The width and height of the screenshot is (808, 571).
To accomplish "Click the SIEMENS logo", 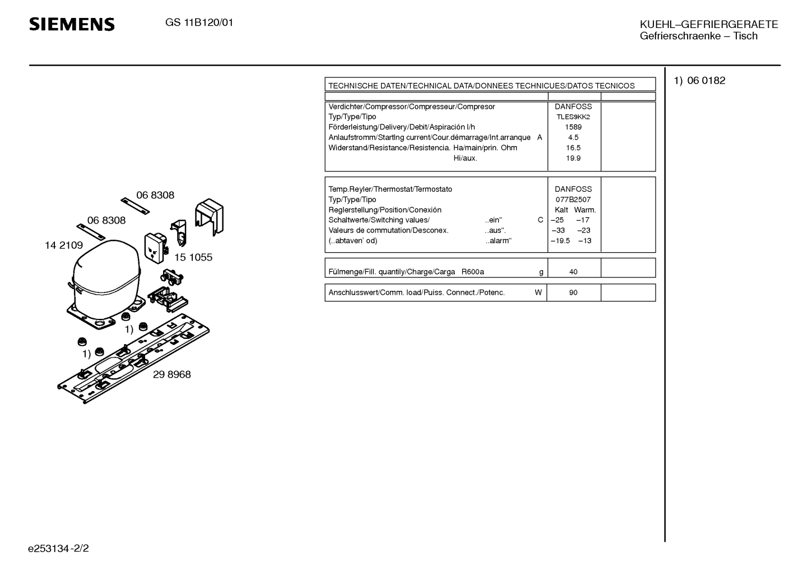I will [x=72, y=24].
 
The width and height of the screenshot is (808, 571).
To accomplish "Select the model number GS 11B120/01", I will [x=199, y=23].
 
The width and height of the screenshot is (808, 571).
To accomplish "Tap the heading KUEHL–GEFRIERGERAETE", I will [x=709, y=24].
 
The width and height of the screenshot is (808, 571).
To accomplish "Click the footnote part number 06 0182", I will [x=706, y=81].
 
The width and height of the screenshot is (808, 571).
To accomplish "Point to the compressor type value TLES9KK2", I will [x=573, y=117].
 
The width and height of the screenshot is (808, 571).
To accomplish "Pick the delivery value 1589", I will [x=573, y=127].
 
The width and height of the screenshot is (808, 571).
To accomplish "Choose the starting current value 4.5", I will [x=573, y=137].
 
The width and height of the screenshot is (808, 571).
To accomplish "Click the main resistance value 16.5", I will [x=573, y=148].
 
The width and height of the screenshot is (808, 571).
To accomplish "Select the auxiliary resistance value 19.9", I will [x=573, y=158].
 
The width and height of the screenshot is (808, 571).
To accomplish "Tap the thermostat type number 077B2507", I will [x=573, y=199].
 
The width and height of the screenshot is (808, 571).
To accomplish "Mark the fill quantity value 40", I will [x=573, y=272].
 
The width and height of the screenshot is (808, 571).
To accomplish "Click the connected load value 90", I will [x=573, y=293].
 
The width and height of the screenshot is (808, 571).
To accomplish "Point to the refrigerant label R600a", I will [x=472, y=272].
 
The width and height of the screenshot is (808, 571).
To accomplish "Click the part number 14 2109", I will [x=64, y=245].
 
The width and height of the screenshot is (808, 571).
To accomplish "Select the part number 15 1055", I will [x=193, y=257].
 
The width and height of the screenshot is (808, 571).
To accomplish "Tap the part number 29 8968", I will [x=171, y=374].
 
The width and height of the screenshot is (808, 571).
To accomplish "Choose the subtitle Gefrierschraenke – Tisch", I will [x=698, y=36].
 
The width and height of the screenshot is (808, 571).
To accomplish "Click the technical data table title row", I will [x=481, y=86].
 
